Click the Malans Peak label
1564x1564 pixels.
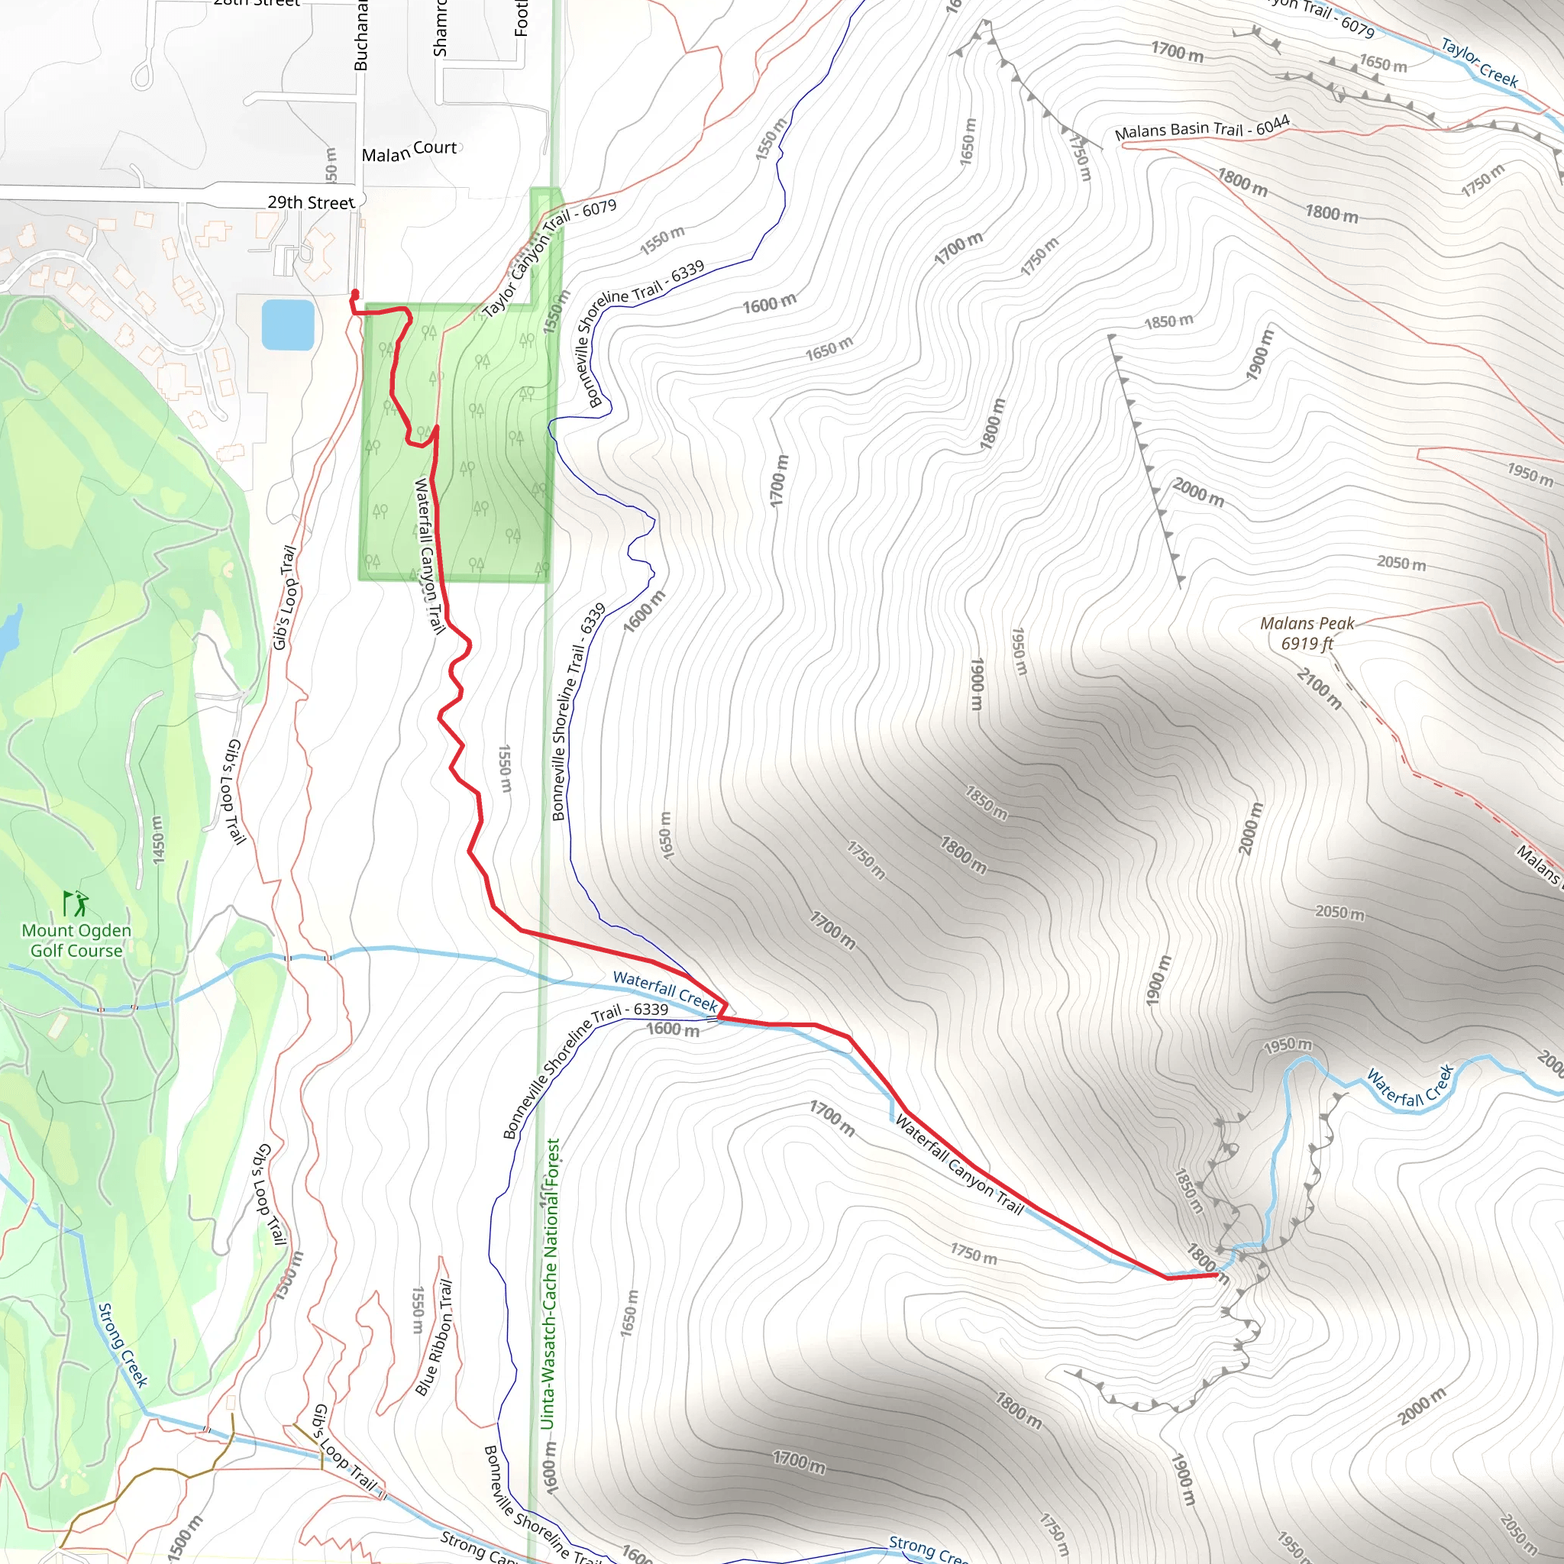pos(1307,623)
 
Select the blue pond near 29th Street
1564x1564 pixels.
pos(287,325)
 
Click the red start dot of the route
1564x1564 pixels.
pos(355,293)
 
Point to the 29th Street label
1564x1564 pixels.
pos(311,202)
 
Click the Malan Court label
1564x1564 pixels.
pos(409,150)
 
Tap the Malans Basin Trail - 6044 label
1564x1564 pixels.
pos(1201,129)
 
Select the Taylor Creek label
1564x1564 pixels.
pos(1478,63)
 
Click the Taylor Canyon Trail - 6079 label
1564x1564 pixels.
pos(549,259)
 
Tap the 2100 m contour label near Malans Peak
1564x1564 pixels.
pos(1320,688)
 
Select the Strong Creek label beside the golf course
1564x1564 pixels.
pos(123,1345)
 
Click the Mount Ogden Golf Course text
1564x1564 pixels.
pos(76,941)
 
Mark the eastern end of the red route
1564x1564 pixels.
pos(1216,1275)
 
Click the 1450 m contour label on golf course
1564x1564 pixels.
pos(158,839)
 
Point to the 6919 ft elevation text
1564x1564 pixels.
pos(1307,644)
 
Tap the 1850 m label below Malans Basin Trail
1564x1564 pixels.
pos(1168,322)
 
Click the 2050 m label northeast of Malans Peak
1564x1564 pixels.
pos(1401,563)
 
